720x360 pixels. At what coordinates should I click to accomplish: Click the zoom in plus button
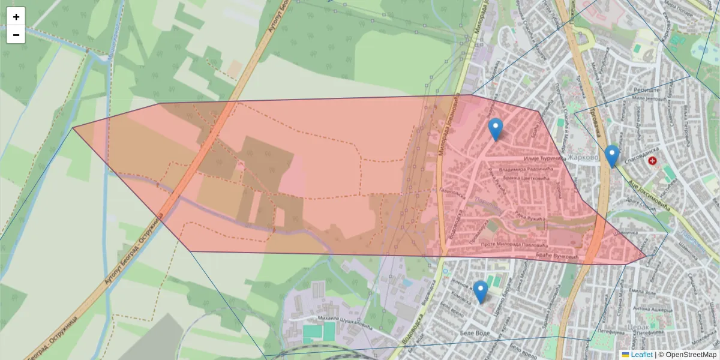click(16, 17)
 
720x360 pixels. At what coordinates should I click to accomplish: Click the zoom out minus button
click(16, 35)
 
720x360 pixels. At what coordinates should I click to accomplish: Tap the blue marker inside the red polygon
click(495, 129)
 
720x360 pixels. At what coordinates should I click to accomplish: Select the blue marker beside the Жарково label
click(611, 156)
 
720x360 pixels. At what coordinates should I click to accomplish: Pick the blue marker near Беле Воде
click(480, 292)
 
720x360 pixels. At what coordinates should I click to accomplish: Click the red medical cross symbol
click(652, 161)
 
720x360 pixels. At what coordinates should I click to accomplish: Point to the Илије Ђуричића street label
click(545, 158)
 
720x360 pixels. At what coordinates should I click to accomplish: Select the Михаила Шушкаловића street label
click(334, 322)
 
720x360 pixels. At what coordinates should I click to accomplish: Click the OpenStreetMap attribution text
click(691, 355)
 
